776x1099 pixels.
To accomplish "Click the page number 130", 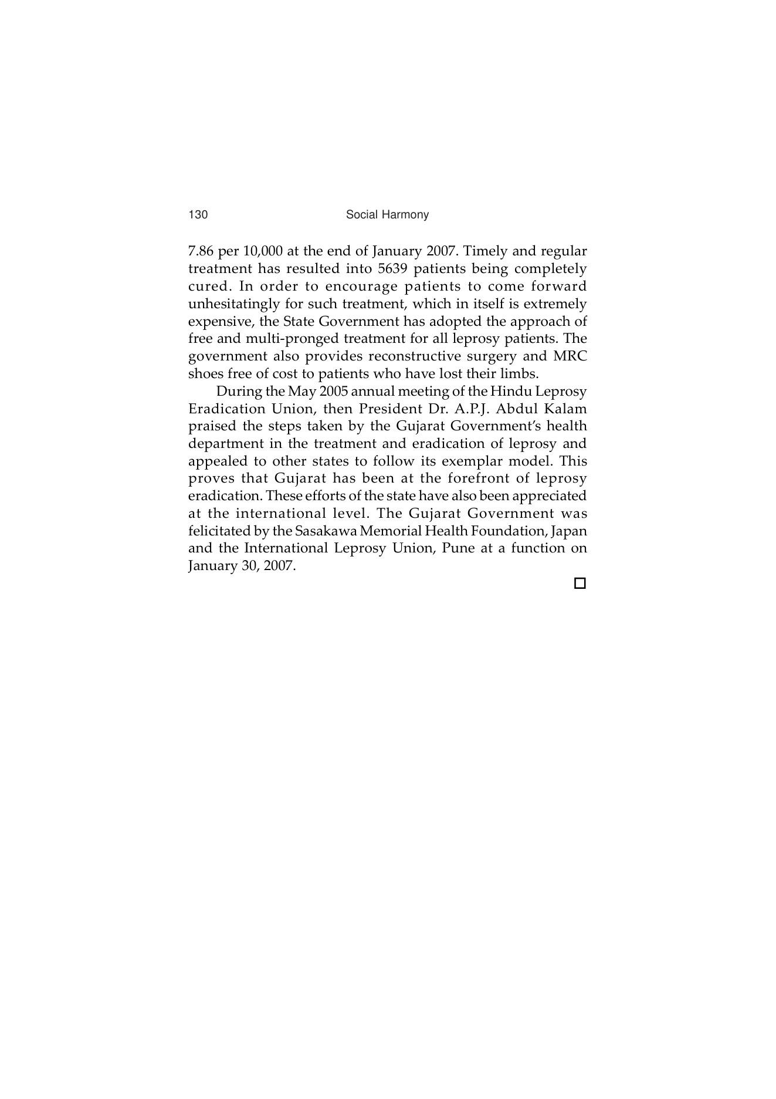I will point(198,215).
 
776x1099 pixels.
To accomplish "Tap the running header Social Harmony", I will point(387,215).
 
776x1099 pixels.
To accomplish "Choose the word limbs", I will point(521,374).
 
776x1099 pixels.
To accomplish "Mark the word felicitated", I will point(216,531).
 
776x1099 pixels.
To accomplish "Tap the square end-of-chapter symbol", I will point(580,584).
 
